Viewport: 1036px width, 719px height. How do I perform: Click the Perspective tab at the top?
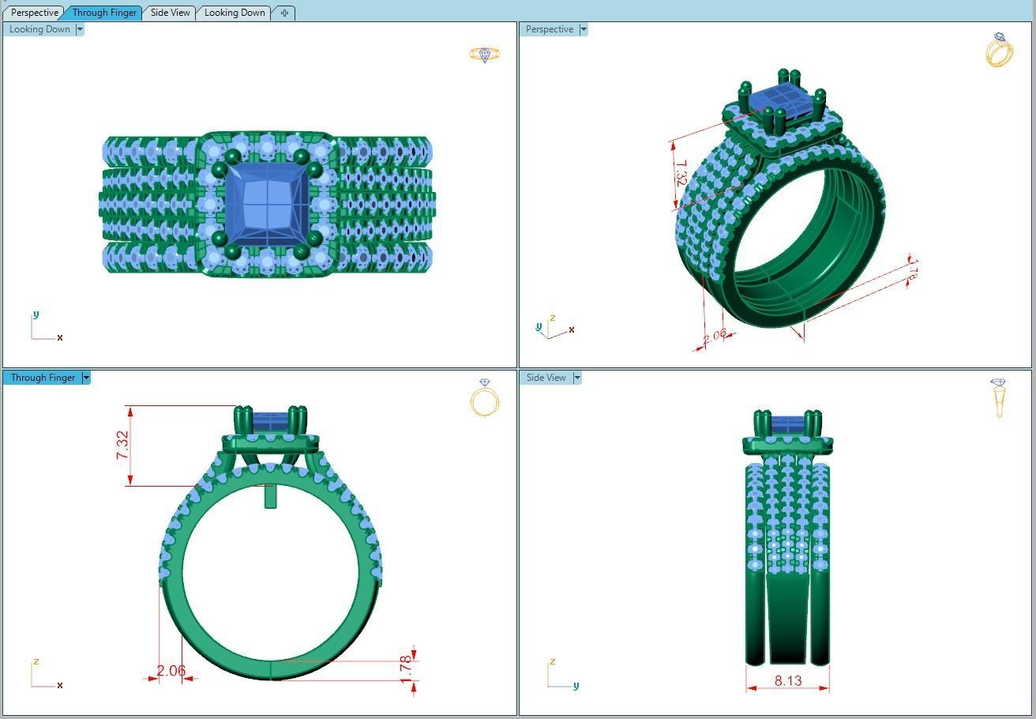coord(35,13)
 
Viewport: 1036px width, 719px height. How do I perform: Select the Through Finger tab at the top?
coord(104,13)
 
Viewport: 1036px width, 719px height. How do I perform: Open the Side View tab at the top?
coord(170,13)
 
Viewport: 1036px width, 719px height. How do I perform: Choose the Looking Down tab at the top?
coord(235,13)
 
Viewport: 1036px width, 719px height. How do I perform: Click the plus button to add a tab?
coord(284,13)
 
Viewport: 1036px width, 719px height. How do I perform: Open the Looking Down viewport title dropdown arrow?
coord(80,29)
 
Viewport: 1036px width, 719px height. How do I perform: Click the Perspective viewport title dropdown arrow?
coord(584,29)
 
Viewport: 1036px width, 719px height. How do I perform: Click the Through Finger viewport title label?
coord(43,378)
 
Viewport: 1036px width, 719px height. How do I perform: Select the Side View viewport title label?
coord(546,378)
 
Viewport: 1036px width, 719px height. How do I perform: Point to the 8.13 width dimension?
coord(787,680)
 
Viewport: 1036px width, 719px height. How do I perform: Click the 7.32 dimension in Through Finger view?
coord(122,446)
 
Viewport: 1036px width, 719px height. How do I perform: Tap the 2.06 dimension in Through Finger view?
coord(171,672)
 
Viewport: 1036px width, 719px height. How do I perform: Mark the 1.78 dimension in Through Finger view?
coord(406,668)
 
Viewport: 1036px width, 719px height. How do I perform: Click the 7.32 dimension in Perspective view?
coord(681,174)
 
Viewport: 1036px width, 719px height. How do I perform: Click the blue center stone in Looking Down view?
coord(266,205)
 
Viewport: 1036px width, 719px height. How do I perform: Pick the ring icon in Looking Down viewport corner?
coord(484,55)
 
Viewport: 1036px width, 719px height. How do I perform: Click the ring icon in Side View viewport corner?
coord(999,397)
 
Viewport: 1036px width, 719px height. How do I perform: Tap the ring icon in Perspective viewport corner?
coord(999,51)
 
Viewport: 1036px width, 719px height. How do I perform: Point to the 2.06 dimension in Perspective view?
coord(714,335)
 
